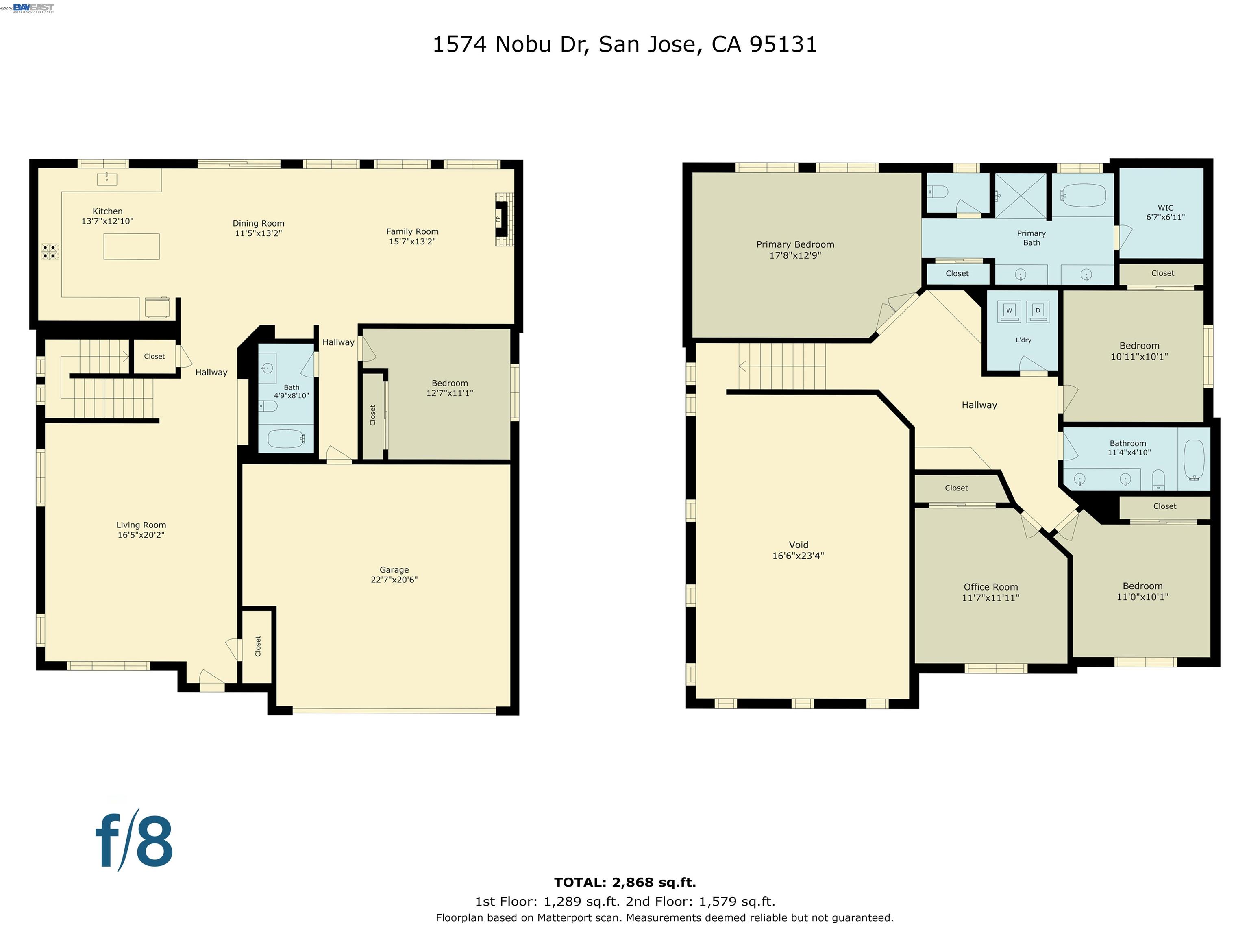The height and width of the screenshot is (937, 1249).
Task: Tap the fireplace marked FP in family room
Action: click(500, 219)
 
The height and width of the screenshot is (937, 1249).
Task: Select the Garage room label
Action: click(394, 574)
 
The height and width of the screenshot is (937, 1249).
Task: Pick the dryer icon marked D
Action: click(1037, 311)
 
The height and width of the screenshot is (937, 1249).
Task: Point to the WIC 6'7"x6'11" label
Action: click(1165, 212)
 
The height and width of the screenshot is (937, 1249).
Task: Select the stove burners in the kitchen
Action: click(50, 252)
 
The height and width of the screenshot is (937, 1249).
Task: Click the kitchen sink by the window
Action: click(107, 179)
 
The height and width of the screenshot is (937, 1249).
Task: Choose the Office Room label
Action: click(990, 592)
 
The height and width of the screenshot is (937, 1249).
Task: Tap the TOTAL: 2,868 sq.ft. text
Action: click(624, 882)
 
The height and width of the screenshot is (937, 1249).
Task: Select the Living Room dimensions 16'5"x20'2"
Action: click(141, 535)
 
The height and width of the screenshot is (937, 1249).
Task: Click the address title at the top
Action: click(624, 45)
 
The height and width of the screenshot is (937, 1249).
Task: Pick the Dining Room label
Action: click(258, 228)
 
